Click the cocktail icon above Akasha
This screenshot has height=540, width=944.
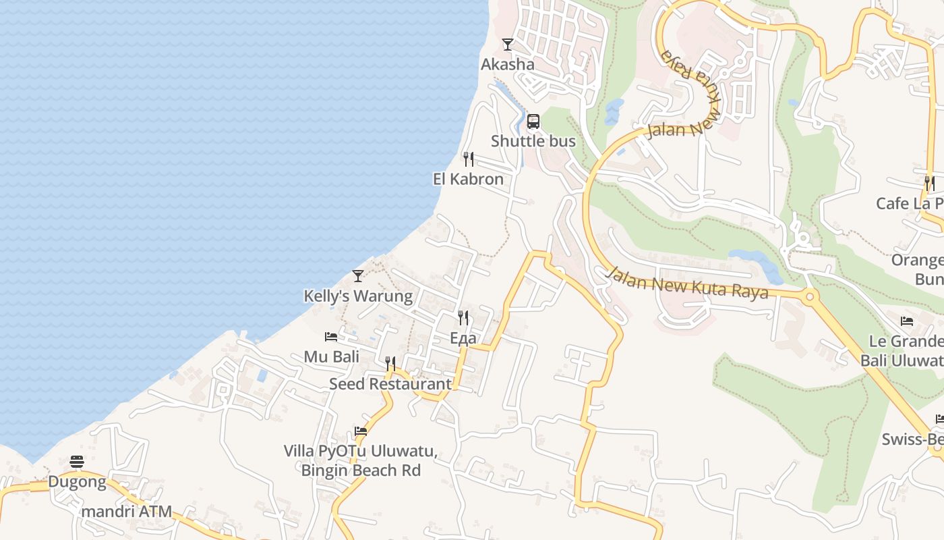[508, 45]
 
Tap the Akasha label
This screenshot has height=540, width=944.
[507, 64]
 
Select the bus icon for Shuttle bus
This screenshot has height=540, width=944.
[533, 122]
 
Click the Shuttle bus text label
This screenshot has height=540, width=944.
[533, 141]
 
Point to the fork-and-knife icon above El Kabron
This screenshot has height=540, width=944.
[469, 159]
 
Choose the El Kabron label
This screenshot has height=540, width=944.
[468, 179]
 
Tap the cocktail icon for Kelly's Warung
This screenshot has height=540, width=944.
[358, 276]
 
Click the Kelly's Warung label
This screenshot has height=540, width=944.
[358, 296]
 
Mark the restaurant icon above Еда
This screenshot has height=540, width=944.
[463, 318]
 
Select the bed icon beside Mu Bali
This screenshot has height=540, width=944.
[331, 337]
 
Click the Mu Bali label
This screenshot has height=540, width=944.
[331, 356]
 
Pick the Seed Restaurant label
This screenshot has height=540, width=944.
[390, 383]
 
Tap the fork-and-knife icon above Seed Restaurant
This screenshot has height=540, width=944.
[390, 364]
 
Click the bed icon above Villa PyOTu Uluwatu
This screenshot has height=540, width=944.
[361, 431]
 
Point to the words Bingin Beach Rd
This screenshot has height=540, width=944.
[361, 470]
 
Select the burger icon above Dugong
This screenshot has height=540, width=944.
[77, 462]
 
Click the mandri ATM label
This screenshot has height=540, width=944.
[126, 511]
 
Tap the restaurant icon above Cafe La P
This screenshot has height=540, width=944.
[930, 184]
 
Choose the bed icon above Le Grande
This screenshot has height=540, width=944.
[907, 321]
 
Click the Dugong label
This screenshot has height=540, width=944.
[77, 482]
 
